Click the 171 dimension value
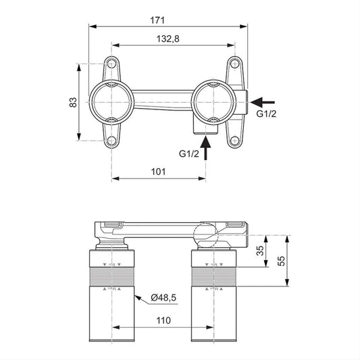[x=157, y=20]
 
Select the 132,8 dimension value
[x=168, y=38]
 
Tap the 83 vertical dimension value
[x=73, y=103]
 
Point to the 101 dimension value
[x=158, y=172]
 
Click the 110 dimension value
[x=163, y=320]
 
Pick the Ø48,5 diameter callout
[x=163, y=298]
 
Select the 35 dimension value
[x=260, y=251]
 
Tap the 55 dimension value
[x=281, y=261]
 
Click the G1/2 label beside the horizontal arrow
[x=266, y=113]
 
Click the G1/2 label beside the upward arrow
[x=189, y=153]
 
